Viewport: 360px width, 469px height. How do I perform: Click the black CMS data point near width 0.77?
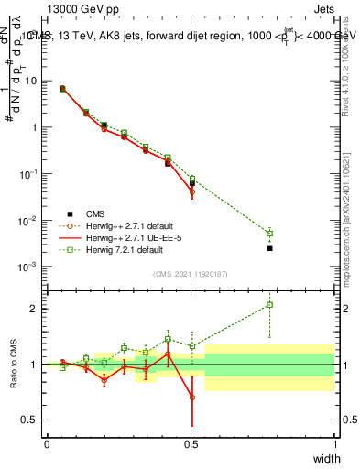[269, 248]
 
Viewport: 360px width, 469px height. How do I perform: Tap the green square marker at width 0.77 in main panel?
[269, 233]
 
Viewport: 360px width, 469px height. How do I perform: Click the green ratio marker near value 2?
[269, 305]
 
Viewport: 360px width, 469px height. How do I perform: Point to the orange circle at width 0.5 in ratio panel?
[191, 398]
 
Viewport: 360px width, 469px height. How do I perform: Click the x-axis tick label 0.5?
[191, 444]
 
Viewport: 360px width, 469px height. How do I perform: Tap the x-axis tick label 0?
[48, 444]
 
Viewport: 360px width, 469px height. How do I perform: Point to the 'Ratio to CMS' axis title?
[14, 366]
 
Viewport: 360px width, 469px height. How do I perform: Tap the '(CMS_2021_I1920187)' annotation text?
[191, 274]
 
